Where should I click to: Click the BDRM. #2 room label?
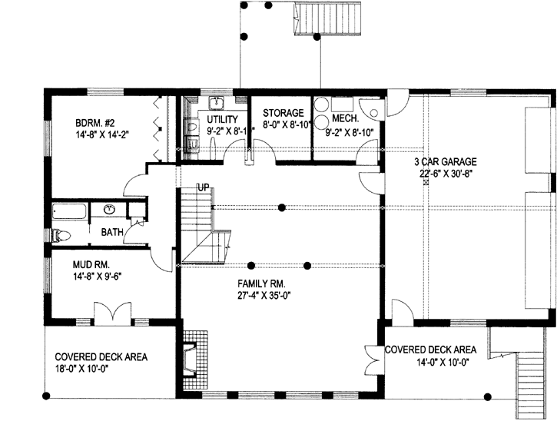click(x=94, y=123)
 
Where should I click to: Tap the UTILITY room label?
click(x=223, y=119)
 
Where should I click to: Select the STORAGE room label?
click(x=283, y=113)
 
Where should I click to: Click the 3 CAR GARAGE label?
click(x=446, y=162)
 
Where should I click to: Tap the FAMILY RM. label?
click(x=262, y=283)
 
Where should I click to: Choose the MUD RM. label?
click(x=91, y=264)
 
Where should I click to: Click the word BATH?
click(x=112, y=232)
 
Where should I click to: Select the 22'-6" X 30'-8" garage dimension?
click(x=446, y=174)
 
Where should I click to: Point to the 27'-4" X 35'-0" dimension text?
click(x=262, y=296)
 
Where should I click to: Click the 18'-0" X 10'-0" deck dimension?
click(x=81, y=369)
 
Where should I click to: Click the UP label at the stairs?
click(x=204, y=187)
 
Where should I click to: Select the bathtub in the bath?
click(x=69, y=211)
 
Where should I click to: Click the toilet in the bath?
click(x=61, y=235)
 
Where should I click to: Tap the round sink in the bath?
click(x=111, y=209)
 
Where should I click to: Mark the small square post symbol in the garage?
click(x=426, y=183)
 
